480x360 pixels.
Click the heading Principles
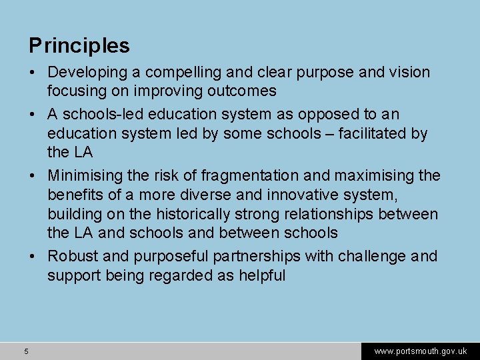[79, 46]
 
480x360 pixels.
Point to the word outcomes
[239, 90]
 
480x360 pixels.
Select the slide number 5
[25, 351]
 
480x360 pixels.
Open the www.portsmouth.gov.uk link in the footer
[420, 351]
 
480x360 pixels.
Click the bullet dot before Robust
[33, 257]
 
